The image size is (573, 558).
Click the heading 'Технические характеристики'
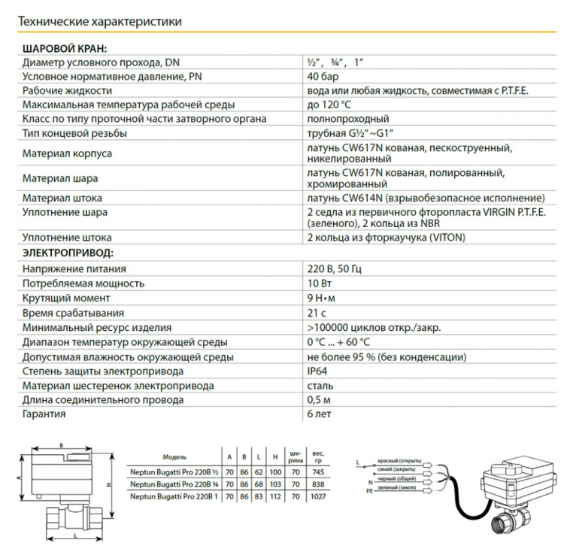coord(99,22)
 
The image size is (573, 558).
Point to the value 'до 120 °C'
coord(329,105)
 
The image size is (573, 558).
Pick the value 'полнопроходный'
coord(347,119)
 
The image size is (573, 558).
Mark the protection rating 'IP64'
coord(317,371)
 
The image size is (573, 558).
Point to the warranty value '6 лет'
coord(319,414)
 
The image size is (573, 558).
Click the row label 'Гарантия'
coord(44,414)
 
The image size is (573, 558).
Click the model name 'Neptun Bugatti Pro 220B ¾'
coord(174,484)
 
